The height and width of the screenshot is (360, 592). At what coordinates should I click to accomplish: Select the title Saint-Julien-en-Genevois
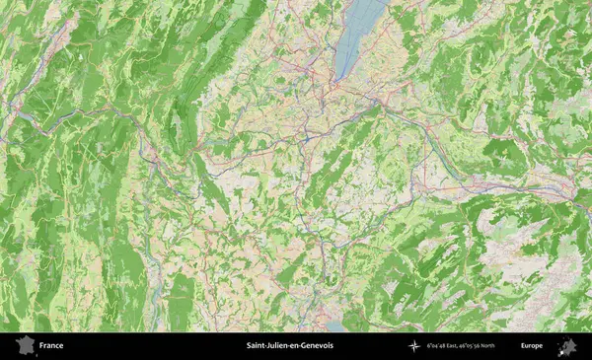[290, 346]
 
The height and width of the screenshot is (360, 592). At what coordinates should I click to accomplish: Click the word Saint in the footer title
[257, 346]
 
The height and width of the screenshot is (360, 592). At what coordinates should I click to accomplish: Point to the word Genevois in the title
[318, 346]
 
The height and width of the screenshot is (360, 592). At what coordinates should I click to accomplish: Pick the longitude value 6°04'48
[437, 346]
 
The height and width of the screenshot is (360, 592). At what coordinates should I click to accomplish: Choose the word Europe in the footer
[532, 346]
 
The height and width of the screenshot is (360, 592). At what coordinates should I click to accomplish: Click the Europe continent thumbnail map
[567, 346]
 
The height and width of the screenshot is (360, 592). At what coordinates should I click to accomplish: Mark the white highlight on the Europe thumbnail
[564, 348]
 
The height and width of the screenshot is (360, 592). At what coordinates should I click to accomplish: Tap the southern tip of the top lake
[338, 79]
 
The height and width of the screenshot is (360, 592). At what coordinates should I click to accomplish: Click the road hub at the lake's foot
[335, 87]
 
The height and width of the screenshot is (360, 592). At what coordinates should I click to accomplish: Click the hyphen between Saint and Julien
[266, 346]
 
